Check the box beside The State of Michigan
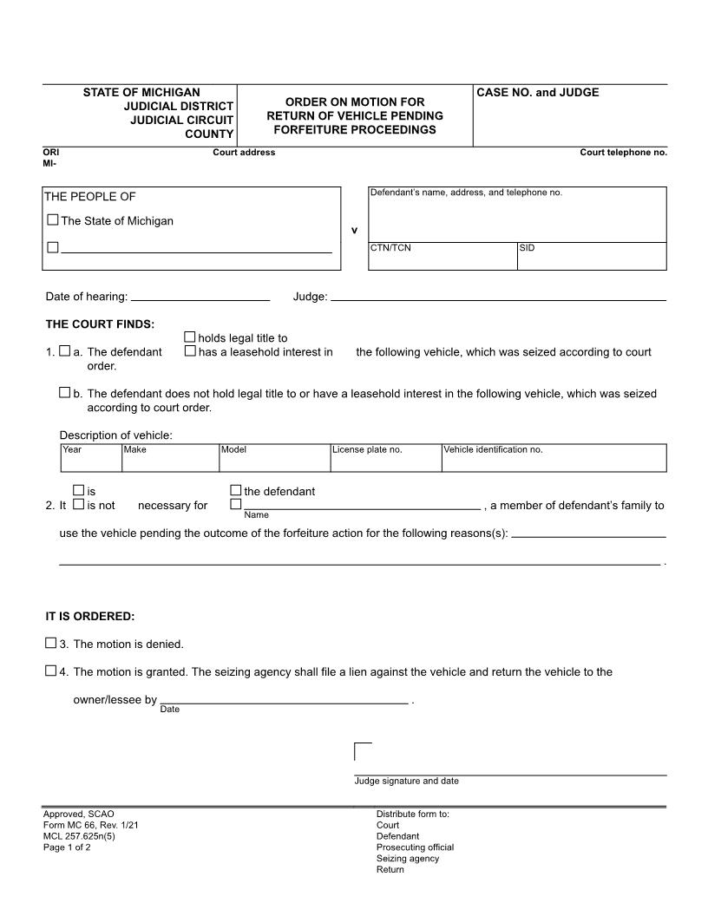tap(53, 220)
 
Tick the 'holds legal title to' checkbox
tap(190, 337)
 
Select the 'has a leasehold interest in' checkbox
tap(190, 351)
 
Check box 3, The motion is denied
tap(50, 644)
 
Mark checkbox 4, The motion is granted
tap(50, 671)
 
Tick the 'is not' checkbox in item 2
tap(78, 504)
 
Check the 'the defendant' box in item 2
tap(235, 491)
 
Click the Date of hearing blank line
tap(200, 297)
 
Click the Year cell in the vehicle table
tap(90, 461)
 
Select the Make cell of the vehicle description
tap(170, 461)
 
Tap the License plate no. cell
tap(385, 461)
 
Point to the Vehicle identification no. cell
tap(554, 461)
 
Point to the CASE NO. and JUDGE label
tap(538, 93)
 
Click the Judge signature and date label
tap(406, 781)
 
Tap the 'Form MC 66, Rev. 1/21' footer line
tap(90, 825)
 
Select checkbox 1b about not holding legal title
tap(64, 393)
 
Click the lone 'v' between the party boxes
tap(354, 231)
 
